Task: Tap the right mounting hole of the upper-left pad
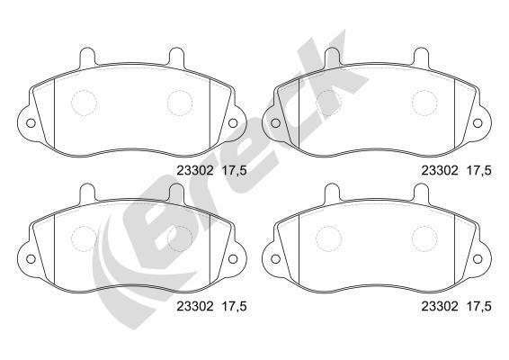click(233, 123)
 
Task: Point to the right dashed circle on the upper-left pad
click(180, 103)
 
